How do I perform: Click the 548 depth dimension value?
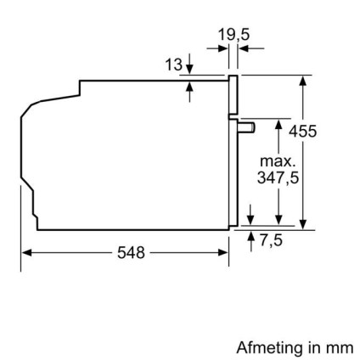point(125,253)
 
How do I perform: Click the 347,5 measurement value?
point(278,178)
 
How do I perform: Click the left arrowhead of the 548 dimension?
point(25,253)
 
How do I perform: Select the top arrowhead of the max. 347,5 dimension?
point(278,125)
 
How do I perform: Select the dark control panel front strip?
point(233,95)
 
